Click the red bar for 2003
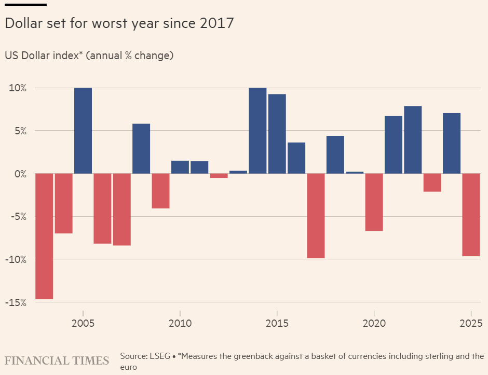(x=44, y=236)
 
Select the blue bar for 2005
(x=83, y=131)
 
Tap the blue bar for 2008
(x=141, y=148)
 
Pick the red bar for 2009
(x=160, y=191)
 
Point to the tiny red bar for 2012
(x=219, y=176)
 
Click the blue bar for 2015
(x=277, y=134)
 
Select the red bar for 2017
(x=316, y=216)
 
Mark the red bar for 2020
(x=374, y=202)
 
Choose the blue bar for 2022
(x=413, y=140)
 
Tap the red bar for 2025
(x=471, y=215)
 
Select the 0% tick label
(x=19, y=174)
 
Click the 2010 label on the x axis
(x=180, y=323)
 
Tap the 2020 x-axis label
(x=374, y=323)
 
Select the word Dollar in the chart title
(x=22, y=23)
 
